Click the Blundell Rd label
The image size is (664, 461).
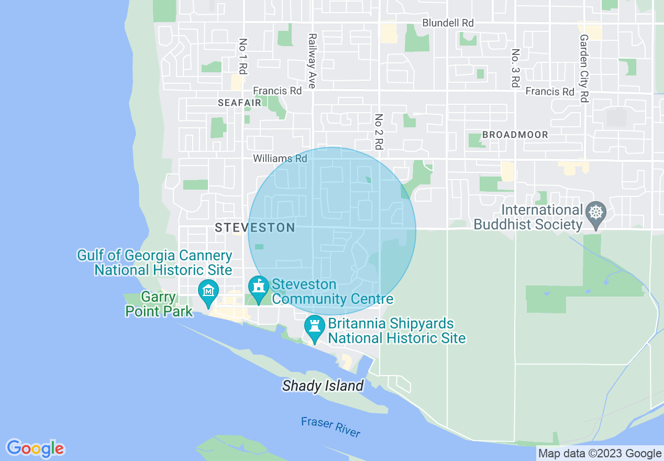pos(448,23)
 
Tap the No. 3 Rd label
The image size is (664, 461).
pos(515,69)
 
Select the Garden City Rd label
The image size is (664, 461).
pos(584,68)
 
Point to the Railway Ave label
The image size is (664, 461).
pos(312,61)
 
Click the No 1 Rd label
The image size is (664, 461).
pos(242,56)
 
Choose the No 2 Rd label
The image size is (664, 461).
pos(379,132)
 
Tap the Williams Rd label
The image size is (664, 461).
pos(280,158)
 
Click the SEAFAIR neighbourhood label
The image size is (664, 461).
pos(240,103)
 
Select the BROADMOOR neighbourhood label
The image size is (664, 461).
pos(515,135)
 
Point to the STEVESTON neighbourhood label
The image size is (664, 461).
pos(255,227)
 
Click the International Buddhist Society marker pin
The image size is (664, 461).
pos(596,214)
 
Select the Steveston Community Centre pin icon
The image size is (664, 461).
pos(258,288)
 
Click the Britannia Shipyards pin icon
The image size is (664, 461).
pos(315,327)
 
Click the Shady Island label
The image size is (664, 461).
pos(323,386)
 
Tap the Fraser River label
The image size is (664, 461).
pos(330,426)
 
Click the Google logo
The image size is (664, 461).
pos(36,448)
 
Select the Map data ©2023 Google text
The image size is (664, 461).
pos(600,454)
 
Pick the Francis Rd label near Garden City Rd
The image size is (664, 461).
pos(550,92)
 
